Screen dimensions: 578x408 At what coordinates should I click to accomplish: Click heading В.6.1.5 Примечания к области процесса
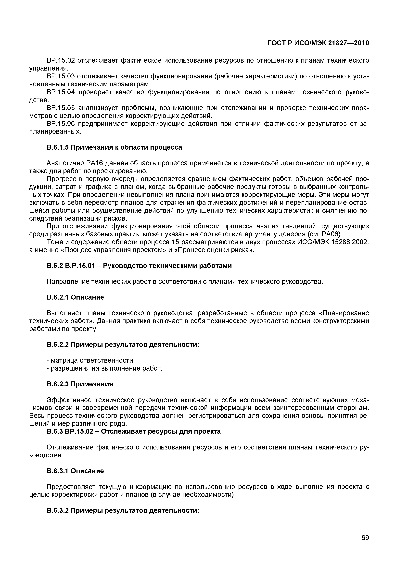[114, 147]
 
